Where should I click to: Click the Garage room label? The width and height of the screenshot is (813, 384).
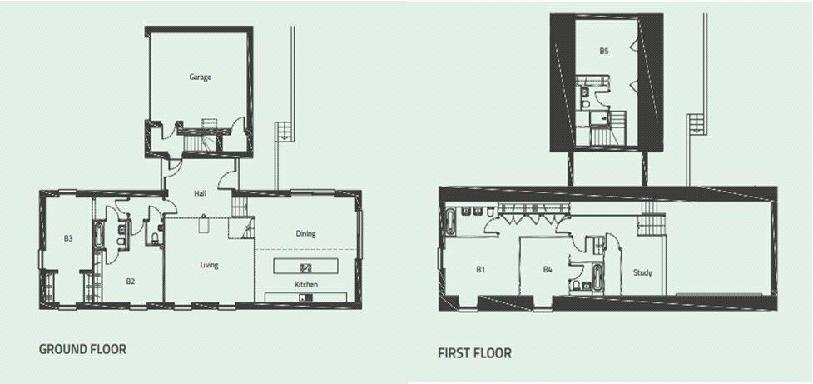pos(200,77)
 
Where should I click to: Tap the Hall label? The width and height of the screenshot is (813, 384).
pos(200,192)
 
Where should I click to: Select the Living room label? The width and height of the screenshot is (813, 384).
pos(209,265)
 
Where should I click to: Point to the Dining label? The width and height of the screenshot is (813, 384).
pos(305,233)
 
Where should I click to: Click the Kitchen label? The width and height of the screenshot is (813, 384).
pos(305,285)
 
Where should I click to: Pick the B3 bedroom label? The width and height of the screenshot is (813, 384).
pos(68,238)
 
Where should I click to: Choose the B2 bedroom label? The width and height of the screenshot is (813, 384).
pos(131,282)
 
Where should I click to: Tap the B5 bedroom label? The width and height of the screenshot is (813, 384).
pos(604,51)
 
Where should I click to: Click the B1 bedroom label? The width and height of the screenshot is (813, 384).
pos(481,270)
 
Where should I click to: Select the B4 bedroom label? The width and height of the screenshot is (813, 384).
pos(548,270)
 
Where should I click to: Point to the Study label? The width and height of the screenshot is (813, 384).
pos(642,272)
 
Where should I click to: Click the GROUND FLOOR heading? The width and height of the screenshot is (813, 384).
pos(82,349)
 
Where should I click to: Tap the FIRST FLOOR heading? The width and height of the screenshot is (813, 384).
pos(474,353)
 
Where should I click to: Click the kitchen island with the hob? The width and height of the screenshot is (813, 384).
pos(306,267)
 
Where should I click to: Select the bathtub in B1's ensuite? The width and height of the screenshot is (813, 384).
pos(450,222)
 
